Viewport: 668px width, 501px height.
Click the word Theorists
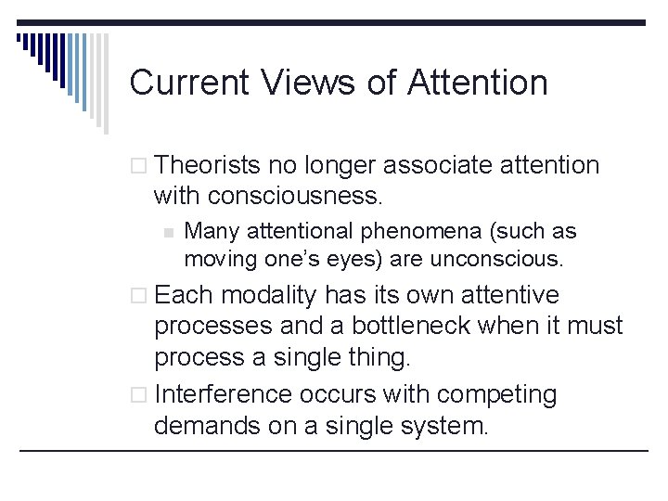210,166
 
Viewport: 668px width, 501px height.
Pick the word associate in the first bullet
435,166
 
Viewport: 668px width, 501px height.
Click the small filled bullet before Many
167,232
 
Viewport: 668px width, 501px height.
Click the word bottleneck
457,326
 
